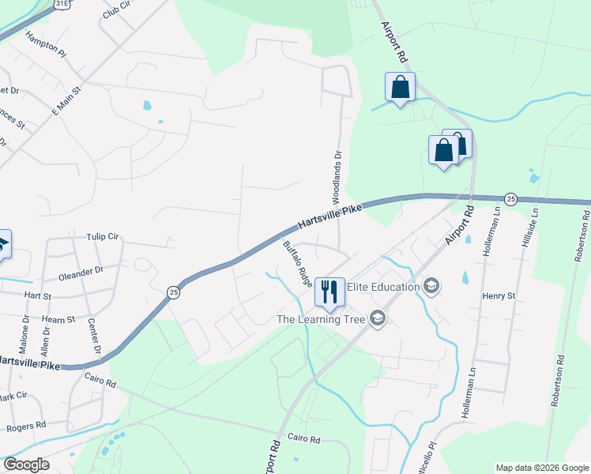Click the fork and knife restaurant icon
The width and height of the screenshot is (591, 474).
[x=329, y=291]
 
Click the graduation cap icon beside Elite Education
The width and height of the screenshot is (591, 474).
[x=431, y=286]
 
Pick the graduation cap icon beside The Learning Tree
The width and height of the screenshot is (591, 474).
[x=377, y=318]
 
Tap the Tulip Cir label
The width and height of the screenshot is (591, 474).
[x=102, y=236]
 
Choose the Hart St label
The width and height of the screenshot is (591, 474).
[x=37, y=295]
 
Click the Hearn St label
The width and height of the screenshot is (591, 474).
[x=60, y=319]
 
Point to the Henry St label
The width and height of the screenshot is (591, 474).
[x=499, y=295]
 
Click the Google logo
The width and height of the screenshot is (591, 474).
[x=26, y=465]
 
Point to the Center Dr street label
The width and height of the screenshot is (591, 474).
[x=94, y=337]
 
